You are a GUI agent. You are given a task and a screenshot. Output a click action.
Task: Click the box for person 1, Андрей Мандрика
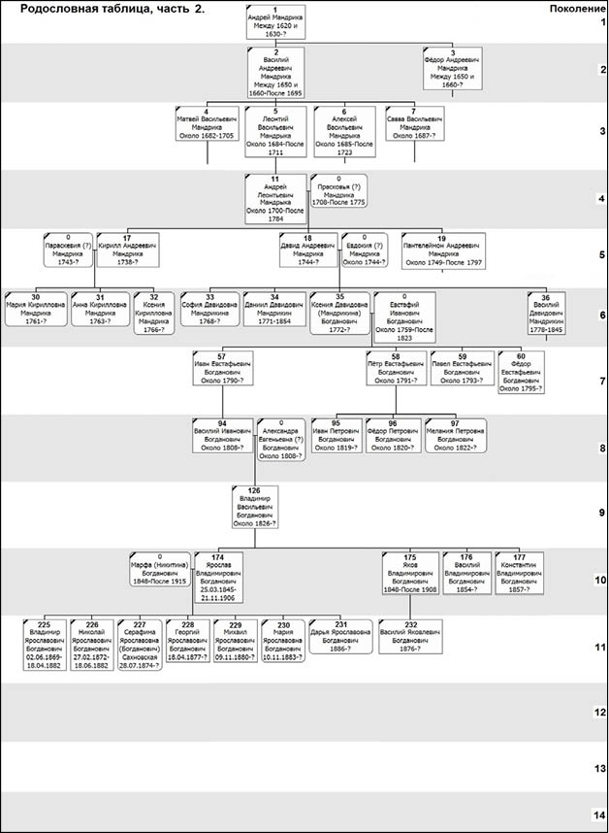pos(276,21)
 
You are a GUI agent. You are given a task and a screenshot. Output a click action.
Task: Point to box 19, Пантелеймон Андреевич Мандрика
pos(442,250)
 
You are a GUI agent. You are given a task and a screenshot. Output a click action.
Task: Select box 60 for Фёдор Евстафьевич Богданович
pos(520,373)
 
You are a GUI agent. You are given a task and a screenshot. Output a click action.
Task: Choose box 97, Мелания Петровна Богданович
pos(455,436)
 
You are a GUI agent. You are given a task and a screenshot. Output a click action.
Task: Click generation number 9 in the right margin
pos(601,513)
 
